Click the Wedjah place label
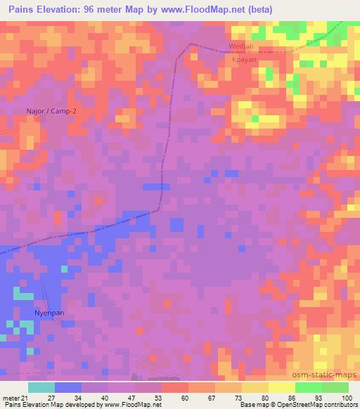(x=240, y=48)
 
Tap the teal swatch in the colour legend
(x=41, y=387)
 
